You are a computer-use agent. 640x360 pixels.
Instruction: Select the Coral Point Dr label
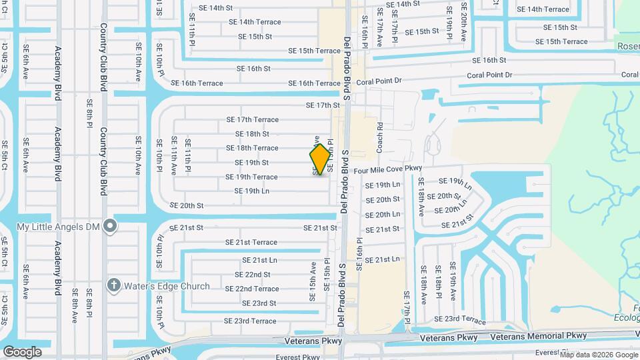point(379,81)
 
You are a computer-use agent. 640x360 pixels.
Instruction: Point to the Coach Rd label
point(379,137)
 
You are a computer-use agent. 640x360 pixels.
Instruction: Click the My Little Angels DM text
point(58,227)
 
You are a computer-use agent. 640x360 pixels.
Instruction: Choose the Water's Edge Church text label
point(167,286)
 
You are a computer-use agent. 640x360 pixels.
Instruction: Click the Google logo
point(22,351)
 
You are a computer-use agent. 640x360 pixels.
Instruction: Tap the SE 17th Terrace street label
point(252,120)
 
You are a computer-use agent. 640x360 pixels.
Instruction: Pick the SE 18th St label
point(247,134)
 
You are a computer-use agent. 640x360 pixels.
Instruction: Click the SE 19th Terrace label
point(251,177)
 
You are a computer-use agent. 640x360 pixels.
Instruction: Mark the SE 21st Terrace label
point(251,242)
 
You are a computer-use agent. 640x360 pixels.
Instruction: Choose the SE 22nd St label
point(252,275)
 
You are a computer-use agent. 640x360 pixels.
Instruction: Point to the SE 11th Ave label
point(174,155)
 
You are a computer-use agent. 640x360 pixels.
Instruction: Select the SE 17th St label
point(323,105)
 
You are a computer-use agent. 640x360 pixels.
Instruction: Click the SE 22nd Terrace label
point(252,289)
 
